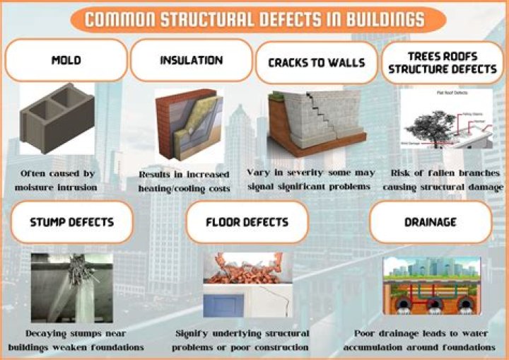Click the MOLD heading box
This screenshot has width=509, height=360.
pyautogui.click(x=66, y=60)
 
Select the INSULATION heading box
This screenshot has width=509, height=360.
pyautogui.click(x=192, y=60)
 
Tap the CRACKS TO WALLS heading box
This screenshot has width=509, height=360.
pyautogui.click(x=316, y=62)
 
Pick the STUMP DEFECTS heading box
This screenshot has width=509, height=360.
pyautogui.click(x=71, y=222)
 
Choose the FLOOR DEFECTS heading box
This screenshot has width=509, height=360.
pyautogui.click(x=247, y=222)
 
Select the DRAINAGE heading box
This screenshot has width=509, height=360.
pyautogui.click(x=429, y=222)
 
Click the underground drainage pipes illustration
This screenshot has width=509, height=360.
pyautogui.click(x=431, y=286)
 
